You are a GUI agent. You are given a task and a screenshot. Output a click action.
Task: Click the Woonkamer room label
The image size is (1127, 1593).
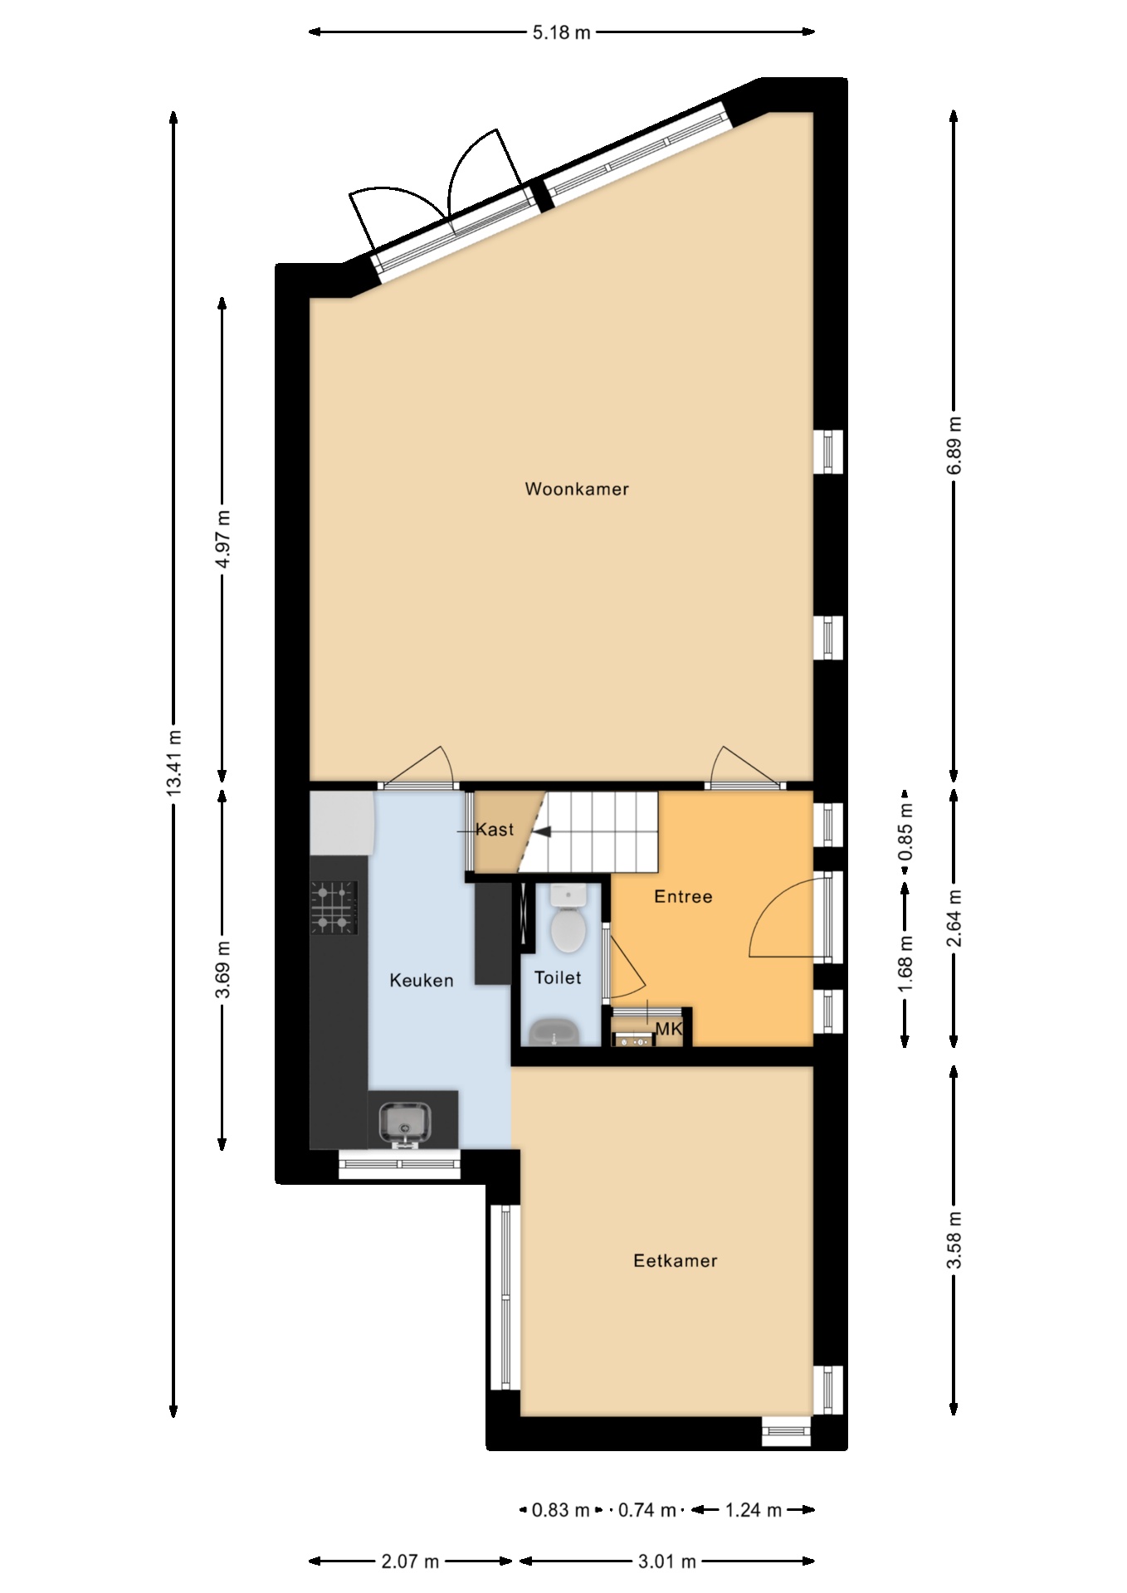pyautogui.click(x=577, y=490)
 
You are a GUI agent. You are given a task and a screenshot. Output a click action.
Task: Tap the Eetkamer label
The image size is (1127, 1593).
pyautogui.click(x=675, y=1261)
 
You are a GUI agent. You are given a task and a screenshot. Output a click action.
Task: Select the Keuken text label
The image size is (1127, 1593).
pyautogui.click(x=422, y=981)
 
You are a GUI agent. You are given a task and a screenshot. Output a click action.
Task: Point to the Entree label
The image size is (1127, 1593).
pyautogui.click(x=683, y=897)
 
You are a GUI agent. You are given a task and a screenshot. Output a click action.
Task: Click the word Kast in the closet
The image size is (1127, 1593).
pyautogui.click(x=495, y=830)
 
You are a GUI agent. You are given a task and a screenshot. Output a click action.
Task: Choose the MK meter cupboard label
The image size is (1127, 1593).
pyautogui.click(x=669, y=1030)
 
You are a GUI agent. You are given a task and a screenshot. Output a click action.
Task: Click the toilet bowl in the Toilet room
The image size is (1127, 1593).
pyautogui.click(x=569, y=930)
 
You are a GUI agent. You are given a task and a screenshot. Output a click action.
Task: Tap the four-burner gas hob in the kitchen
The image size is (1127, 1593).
pyautogui.click(x=334, y=907)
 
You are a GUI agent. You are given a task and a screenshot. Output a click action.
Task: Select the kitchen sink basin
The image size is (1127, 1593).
pyautogui.click(x=404, y=1124)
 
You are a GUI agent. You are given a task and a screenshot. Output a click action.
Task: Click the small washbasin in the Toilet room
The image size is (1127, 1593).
pyautogui.click(x=554, y=1033)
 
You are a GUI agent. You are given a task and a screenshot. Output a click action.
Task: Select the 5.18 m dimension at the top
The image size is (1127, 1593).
pyautogui.click(x=561, y=32)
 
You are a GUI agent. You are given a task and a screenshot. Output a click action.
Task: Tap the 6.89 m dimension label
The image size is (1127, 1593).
pyautogui.click(x=954, y=445)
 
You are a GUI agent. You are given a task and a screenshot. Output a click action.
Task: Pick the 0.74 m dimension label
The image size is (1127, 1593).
pyautogui.click(x=647, y=1510)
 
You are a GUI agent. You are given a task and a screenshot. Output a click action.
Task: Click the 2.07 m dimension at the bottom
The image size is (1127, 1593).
pyautogui.click(x=410, y=1561)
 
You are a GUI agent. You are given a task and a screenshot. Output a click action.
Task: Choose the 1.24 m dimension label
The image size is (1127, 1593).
pyautogui.click(x=754, y=1510)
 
